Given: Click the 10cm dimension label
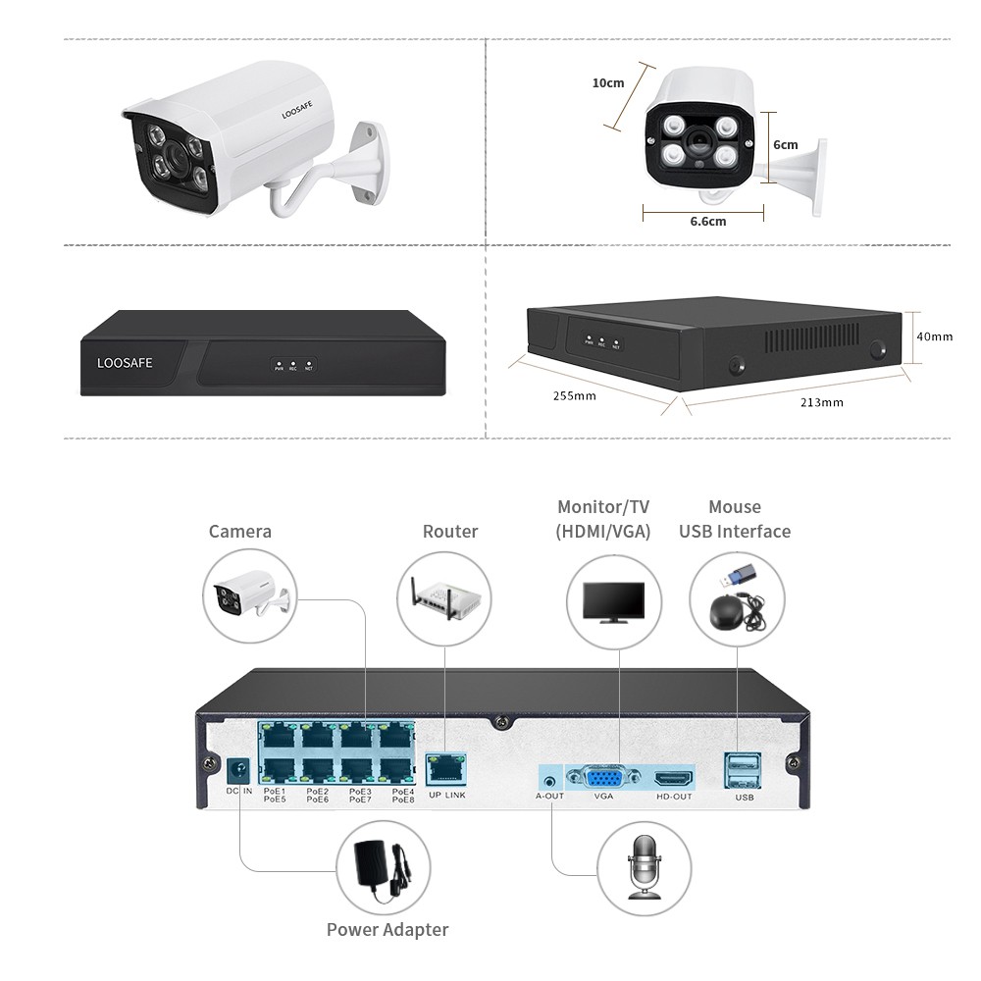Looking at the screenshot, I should [608, 83].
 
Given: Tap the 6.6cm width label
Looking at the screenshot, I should [707, 221].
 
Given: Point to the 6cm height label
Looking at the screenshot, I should [785, 144].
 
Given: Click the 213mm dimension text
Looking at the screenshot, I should [822, 402].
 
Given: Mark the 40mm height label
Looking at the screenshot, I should [934, 336].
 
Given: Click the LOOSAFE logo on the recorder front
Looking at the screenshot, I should [125, 363].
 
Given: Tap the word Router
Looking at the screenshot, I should [450, 532].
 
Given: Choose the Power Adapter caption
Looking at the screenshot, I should [387, 930].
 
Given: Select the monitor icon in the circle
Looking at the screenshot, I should [614, 602].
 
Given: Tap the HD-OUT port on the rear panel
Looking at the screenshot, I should [674, 779].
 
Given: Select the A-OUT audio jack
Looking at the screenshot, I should [548, 779].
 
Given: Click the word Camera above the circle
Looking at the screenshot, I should [240, 532].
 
